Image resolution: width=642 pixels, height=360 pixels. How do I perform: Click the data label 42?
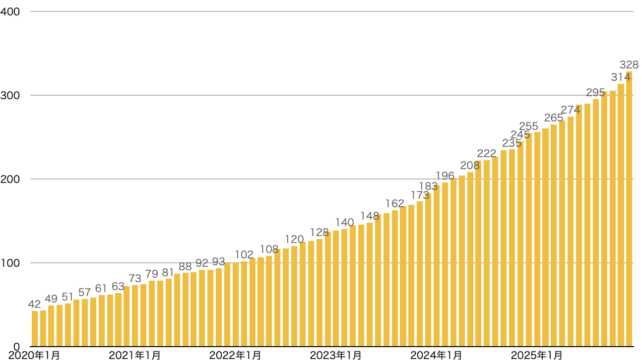pyautogui.click(x=35, y=304)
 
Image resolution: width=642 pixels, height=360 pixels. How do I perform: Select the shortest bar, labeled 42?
pyautogui.click(x=35, y=328)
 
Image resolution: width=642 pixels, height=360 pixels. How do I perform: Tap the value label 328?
pyautogui.click(x=629, y=65)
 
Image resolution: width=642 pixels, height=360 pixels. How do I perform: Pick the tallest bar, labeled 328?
pyautogui.click(x=629, y=208)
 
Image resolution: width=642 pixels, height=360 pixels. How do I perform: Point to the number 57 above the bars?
pyautogui.click(x=85, y=293)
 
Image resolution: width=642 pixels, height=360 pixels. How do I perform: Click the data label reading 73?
pyautogui.click(x=135, y=279)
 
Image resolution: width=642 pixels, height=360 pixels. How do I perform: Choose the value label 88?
pyautogui.click(x=185, y=267)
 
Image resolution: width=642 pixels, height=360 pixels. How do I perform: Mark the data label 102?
pyautogui.click(x=244, y=255)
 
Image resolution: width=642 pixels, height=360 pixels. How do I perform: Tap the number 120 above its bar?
pyautogui.click(x=294, y=240)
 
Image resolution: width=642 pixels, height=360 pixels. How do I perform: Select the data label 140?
pyautogui.click(x=344, y=222)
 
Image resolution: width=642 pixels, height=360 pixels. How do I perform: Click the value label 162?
pyautogui.click(x=395, y=204)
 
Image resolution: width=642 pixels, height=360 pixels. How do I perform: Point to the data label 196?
pyautogui.click(x=445, y=176)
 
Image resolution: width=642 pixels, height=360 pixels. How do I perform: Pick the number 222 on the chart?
pyautogui.click(x=487, y=154)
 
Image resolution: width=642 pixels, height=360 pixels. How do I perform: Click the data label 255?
pyautogui.click(x=528, y=126)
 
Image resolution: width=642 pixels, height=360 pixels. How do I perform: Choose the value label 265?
pyautogui.click(x=554, y=118)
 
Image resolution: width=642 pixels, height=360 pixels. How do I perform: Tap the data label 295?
pyautogui.click(x=595, y=93)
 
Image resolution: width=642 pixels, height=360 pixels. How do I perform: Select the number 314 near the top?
pyautogui.click(x=621, y=77)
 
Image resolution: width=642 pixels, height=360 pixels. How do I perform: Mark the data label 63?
pyautogui.click(x=118, y=287)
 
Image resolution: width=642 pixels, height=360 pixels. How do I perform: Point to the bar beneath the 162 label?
pyautogui.click(x=395, y=278)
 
